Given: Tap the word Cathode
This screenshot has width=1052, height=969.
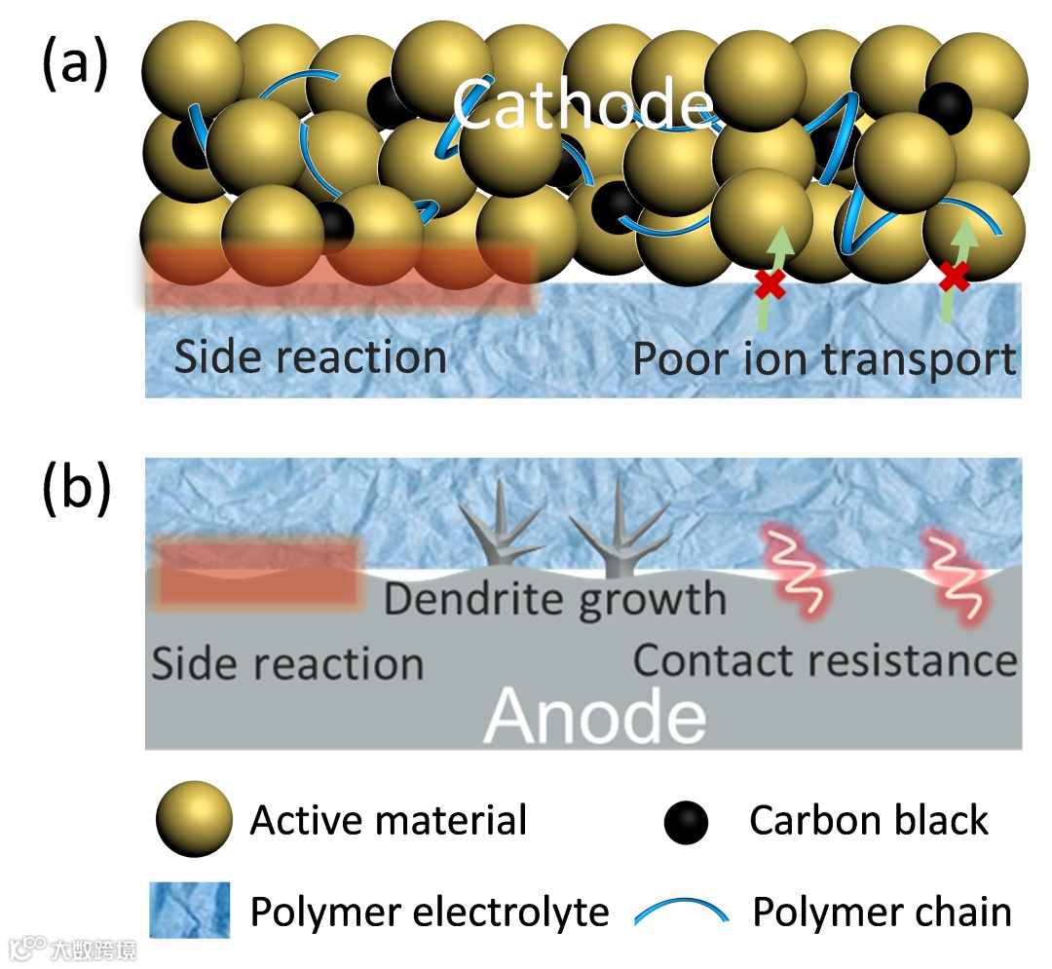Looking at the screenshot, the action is pyautogui.click(x=583, y=104).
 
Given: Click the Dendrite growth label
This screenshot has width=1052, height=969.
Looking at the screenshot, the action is pyautogui.click(x=555, y=598).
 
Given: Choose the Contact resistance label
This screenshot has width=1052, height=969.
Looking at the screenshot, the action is pyautogui.click(x=825, y=660).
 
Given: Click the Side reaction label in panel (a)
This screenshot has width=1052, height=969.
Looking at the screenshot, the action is pyautogui.click(x=310, y=356).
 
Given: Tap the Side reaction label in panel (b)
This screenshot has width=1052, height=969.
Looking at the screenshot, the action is pyautogui.click(x=287, y=663).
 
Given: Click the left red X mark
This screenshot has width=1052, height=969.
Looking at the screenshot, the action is pyautogui.click(x=770, y=284).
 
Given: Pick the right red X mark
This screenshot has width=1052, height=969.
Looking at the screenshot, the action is pyautogui.click(x=954, y=279).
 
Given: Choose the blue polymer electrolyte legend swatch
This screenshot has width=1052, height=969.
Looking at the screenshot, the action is pyautogui.click(x=189, y=911).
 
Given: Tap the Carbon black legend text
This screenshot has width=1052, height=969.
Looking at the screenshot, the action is pyautogui.click(x=869, y=821).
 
